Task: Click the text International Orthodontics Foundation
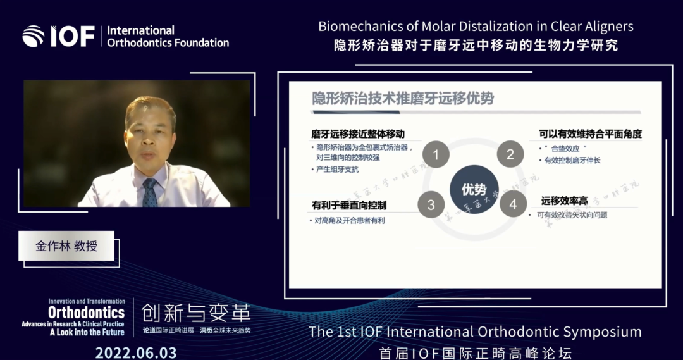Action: click(168, 37)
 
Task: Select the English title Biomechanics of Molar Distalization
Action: click(476, 27)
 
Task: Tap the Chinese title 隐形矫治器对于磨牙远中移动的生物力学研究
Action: click(476, 46)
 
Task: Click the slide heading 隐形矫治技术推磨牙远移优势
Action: click(403, 99)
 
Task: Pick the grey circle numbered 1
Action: click(436, 154)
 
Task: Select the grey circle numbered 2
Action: click(510, 154)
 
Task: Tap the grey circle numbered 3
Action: click(431, 204)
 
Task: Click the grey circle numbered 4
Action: click(513, 204)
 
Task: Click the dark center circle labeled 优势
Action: click(474, 189)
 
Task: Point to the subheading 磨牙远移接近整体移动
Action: click(357, 134)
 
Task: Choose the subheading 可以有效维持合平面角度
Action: click(590, 134)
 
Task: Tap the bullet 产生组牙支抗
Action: click(338, 170)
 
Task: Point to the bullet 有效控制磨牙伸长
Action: click(572, 161)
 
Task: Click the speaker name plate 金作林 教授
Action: click(66, 245)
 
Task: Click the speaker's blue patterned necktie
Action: click(150, 193)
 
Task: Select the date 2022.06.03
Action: click(136, 352)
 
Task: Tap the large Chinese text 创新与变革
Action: click(196, 313)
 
